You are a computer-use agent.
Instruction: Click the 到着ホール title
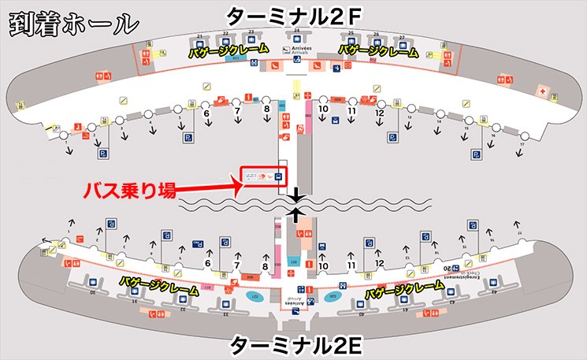click(69, 23)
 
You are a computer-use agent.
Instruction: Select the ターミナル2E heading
click(293, 345)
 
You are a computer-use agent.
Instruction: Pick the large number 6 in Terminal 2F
click(206, 113)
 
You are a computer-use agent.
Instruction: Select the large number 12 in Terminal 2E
click(379, 264)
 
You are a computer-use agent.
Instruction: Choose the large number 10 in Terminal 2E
click(323, 266)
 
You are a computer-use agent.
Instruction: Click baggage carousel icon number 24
click(297, 36)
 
